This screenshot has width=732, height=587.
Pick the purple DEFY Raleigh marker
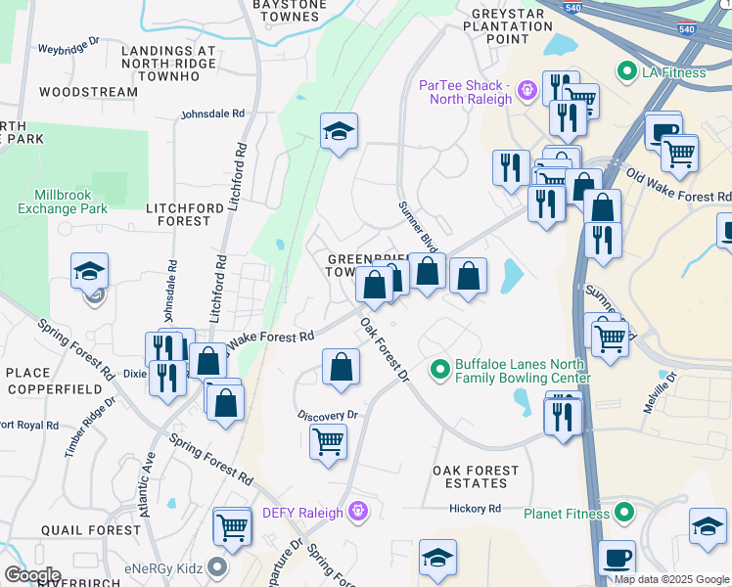click(x=358, y=513)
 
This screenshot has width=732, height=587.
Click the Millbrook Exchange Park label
click(x=63, y=202)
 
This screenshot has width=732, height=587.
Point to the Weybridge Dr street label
click(x=69, y=46)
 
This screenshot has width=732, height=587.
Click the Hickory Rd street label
click(x=475, y=509)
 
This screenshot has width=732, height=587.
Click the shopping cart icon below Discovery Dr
click(x=329, y=440)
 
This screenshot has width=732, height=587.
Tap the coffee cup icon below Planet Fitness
click(x=616, y=558)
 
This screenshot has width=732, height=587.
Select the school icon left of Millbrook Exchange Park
click(x=90, y=271)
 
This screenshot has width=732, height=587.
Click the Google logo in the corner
click(x=32, y=575)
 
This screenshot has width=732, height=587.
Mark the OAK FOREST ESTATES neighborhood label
click(x=476, y=477)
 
